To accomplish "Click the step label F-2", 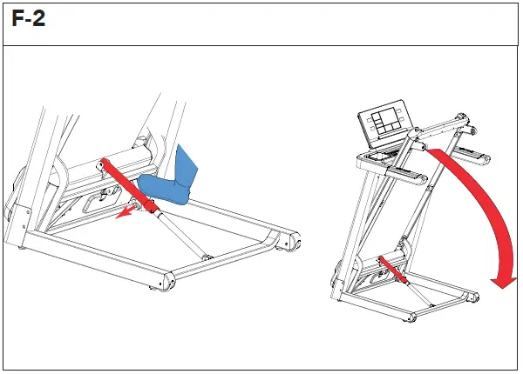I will (x=29, y=20).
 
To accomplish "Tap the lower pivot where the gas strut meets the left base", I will (x=207, y=256).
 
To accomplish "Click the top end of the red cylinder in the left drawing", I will (x=104, y=163).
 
